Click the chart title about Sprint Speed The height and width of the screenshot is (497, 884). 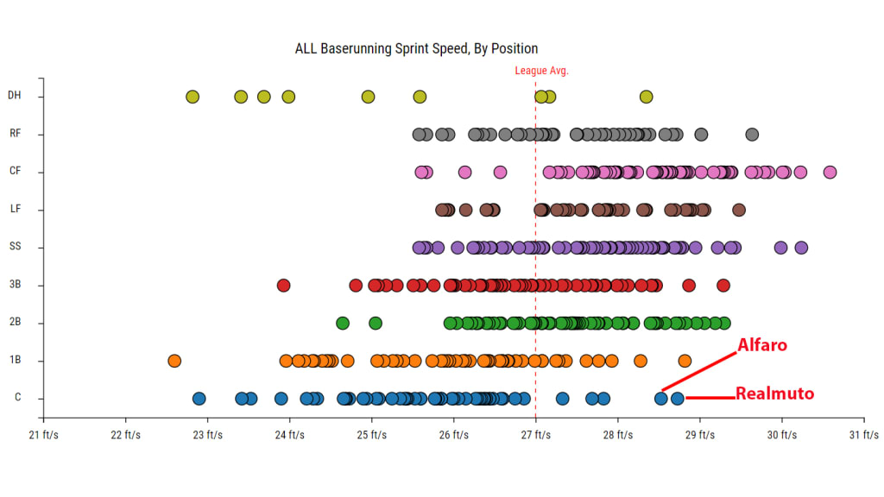416,48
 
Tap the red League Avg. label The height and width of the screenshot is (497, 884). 541,71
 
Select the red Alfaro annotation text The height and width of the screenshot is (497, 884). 762,346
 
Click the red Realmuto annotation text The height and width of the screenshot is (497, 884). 774,394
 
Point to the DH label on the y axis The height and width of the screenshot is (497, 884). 14,96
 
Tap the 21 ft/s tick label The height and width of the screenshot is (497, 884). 44,435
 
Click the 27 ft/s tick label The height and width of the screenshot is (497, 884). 535,435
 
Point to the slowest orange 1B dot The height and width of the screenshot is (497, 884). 174,361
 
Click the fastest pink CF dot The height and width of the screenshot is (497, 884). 830,172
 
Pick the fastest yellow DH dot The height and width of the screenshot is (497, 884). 646,97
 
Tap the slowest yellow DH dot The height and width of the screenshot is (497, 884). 193,97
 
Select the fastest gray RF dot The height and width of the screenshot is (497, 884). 752,135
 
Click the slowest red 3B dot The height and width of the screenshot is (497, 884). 283,285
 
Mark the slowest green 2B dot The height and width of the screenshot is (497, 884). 343,323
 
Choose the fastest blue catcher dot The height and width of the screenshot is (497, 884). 678,399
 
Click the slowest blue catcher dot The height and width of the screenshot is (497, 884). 199,399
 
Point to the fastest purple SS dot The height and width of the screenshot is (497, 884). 801,248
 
